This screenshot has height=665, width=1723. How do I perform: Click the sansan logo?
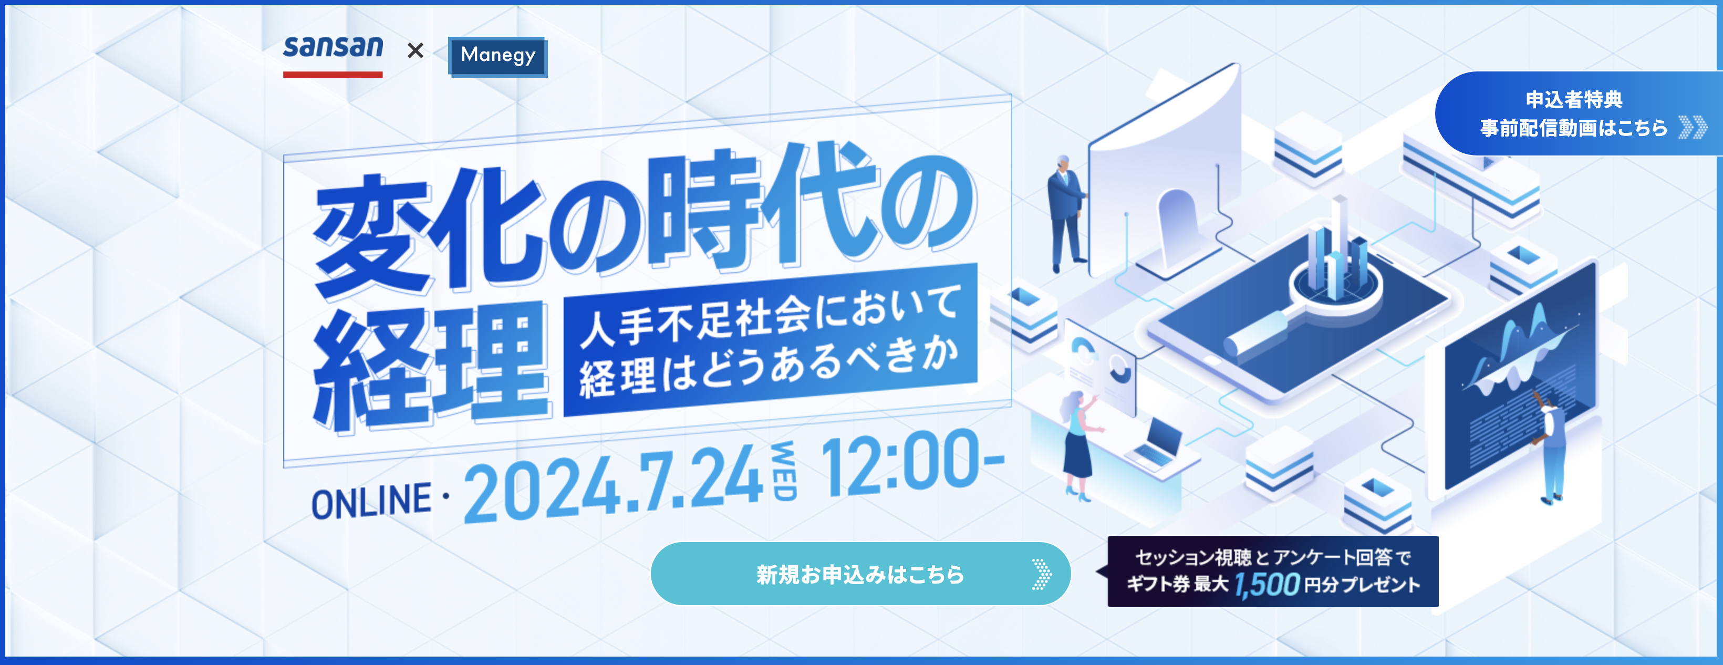pyautogui.click(x=333, y=55)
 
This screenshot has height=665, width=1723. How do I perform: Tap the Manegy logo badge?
pyautogui.click(x=497, y=56)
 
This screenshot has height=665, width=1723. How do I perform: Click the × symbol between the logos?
pyautogui.click(x=416, y=50)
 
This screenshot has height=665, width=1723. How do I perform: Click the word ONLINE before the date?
pyautogui.click(x=371, y=501)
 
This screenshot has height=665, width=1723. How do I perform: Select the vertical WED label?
pyautogui.click(x=784, y=470)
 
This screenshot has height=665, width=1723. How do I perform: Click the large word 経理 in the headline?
pyautogui.click(x=431, y=366)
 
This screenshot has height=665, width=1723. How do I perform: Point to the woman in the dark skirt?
pyautogui.click(x=1079, y=444)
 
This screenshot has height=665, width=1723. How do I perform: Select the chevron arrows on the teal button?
pyautogui.click(x=1042, y=574)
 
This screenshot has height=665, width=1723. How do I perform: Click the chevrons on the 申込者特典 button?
pyautogui.click(x=1694, y=127)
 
